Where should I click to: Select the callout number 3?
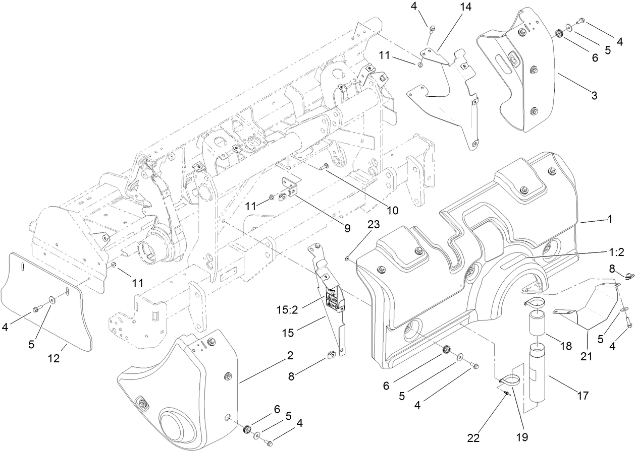[x=595, y=95]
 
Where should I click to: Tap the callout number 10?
[x=392, y=209]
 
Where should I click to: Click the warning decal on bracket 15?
[x=333, y=298]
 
